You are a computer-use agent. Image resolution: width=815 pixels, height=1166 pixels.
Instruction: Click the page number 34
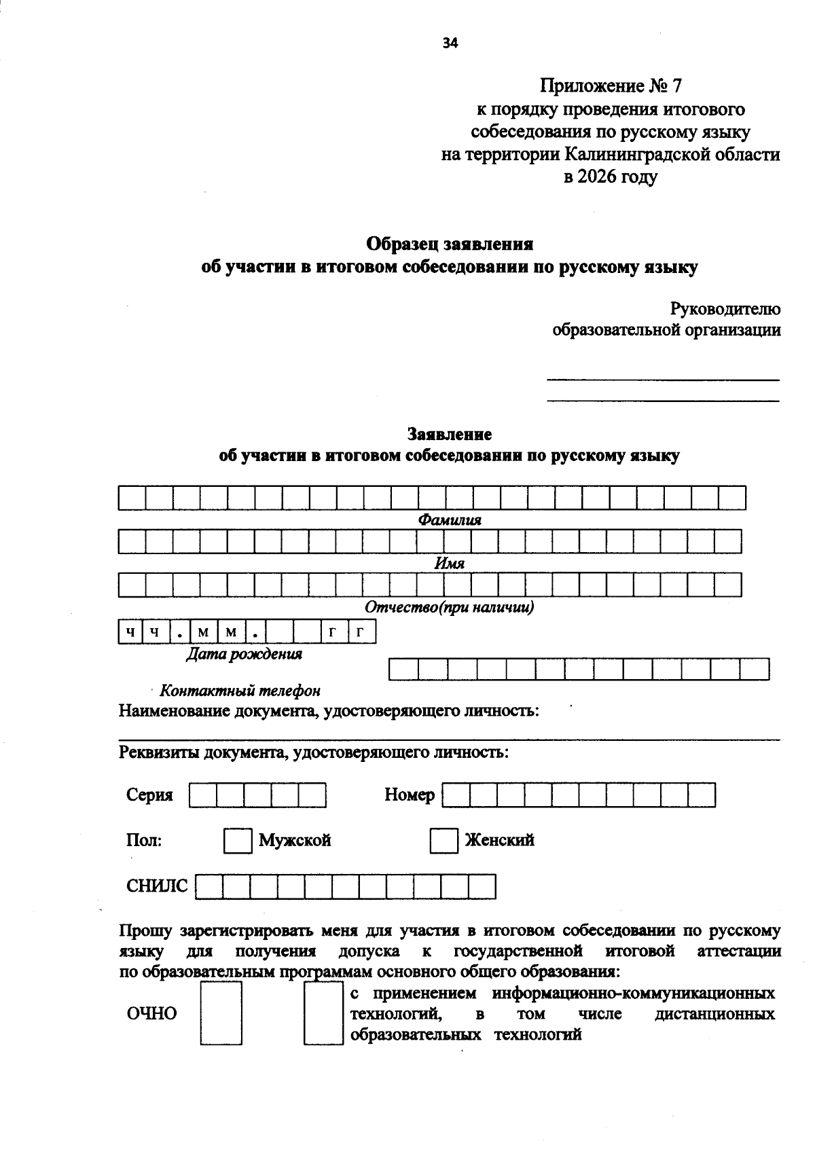450,43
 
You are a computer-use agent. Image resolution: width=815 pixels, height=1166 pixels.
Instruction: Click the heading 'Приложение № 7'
610,86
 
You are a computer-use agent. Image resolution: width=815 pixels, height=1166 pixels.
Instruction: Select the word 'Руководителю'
725,309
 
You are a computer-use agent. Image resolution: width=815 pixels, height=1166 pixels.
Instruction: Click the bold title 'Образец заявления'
450,244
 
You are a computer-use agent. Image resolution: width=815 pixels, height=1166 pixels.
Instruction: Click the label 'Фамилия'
449,520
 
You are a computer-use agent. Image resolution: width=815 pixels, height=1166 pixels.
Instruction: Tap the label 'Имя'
449,564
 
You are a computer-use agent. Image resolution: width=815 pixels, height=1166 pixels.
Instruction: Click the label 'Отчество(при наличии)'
449,607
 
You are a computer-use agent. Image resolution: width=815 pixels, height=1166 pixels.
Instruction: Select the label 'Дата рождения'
244,654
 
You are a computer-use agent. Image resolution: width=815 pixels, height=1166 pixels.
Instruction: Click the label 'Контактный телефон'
239,691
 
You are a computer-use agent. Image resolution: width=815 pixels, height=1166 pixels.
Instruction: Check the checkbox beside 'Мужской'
237,841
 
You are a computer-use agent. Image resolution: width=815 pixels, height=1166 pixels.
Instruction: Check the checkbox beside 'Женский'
443,841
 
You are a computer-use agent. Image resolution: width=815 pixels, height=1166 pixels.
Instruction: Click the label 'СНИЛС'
157,886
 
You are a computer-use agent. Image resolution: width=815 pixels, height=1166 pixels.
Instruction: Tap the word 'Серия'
149,795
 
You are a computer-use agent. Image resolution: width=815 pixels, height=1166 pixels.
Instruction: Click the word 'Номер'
410,795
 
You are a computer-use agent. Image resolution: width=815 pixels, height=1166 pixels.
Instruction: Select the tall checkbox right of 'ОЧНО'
221,1014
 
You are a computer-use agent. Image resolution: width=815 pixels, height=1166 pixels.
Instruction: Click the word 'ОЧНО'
151,1014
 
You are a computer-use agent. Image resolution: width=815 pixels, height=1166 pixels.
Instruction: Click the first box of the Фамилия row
132,498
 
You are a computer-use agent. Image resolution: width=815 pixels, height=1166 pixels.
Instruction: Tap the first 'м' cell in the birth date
203,633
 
